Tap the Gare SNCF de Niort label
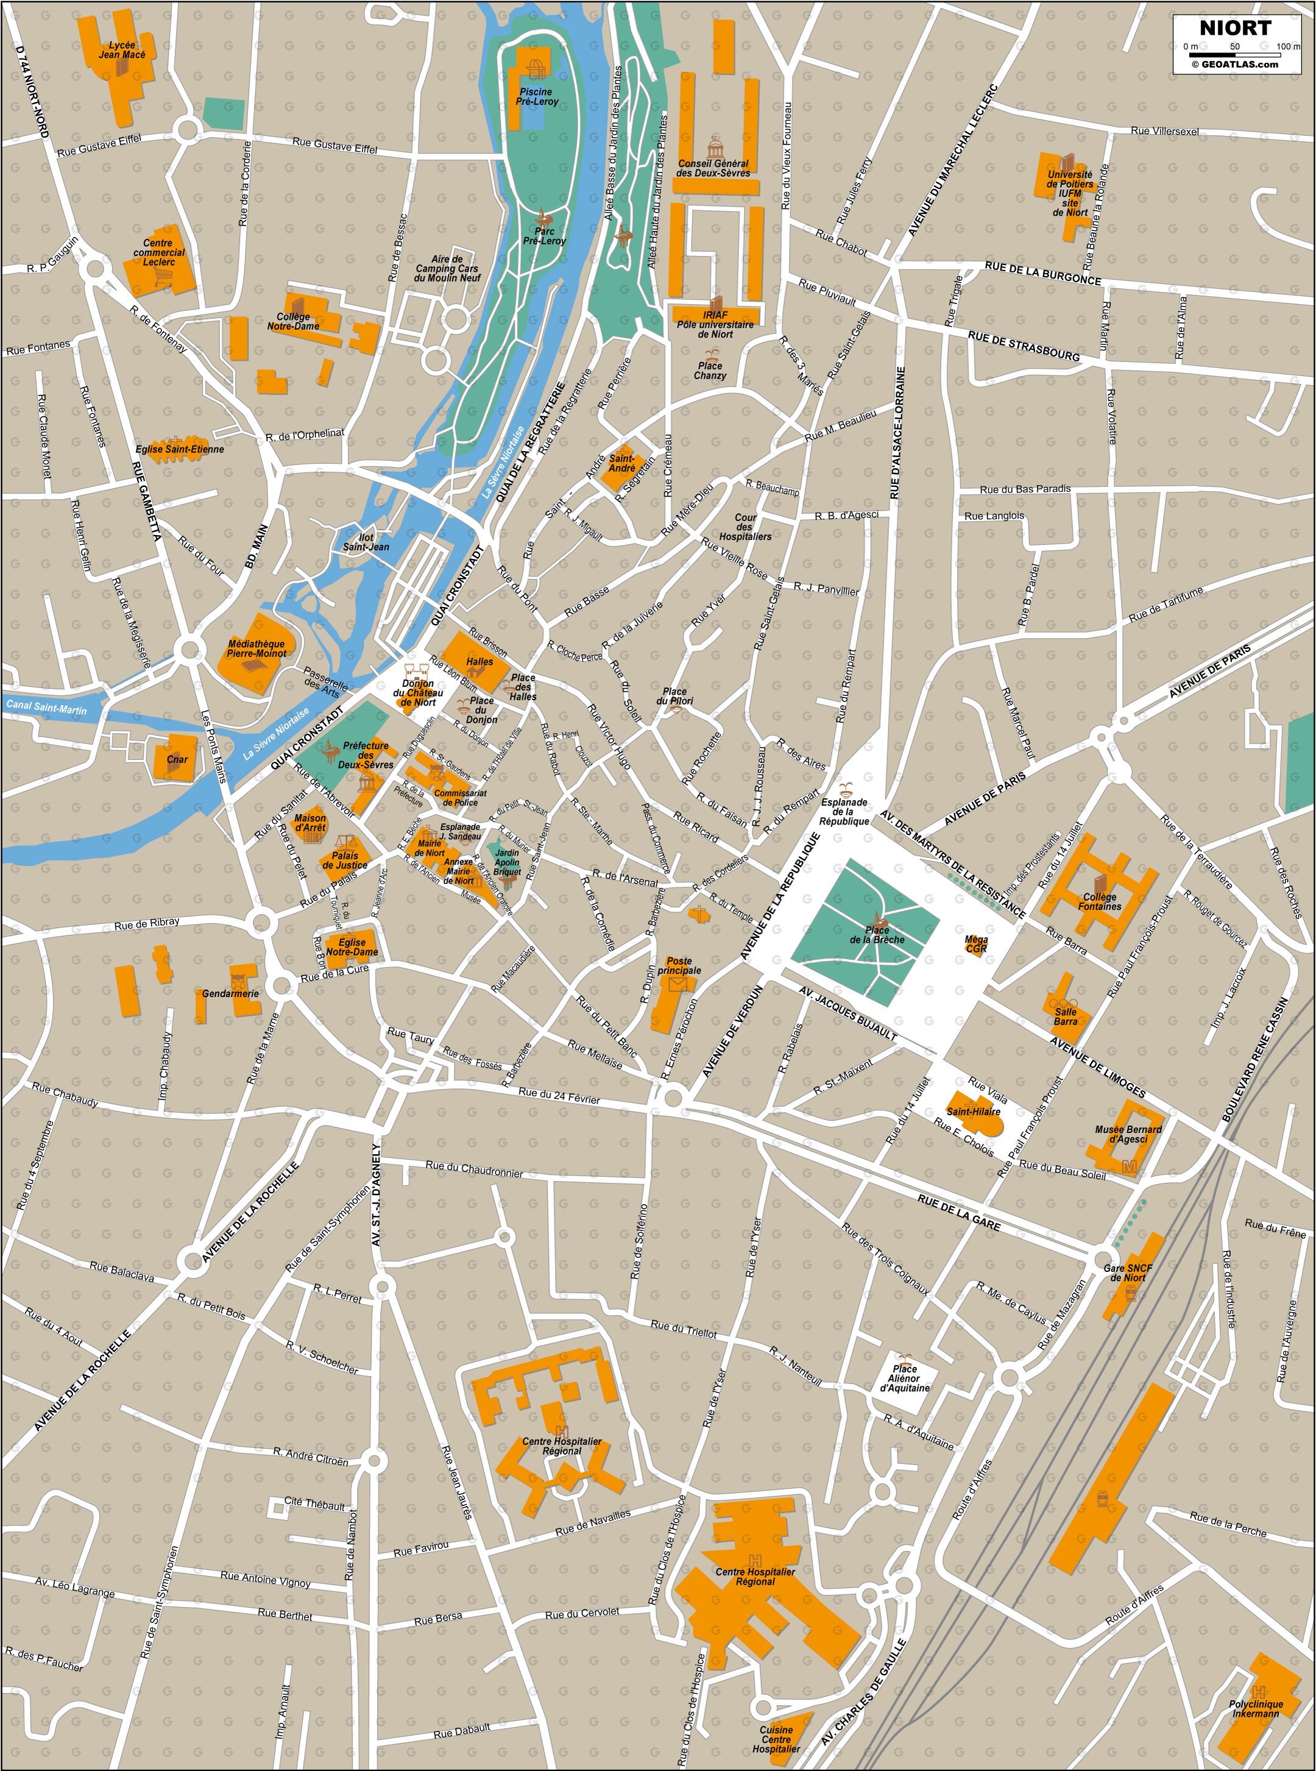1124,1272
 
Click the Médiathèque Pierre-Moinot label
256,648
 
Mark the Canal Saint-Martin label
46,707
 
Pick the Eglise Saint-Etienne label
179,449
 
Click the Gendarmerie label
230,994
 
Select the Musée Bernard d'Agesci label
1128,1134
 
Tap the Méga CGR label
975,945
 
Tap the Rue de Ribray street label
147,923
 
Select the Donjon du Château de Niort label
418,692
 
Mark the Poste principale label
679,965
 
